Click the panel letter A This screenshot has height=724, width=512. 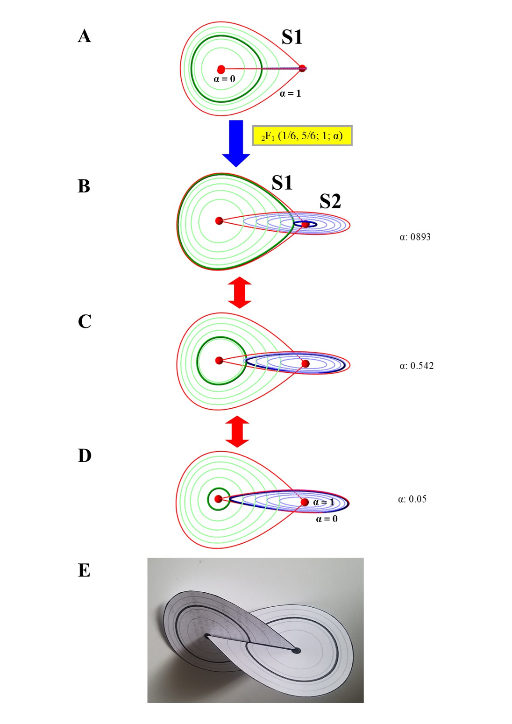click(x=84, y=36)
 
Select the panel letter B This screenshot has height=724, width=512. click(x=84, y=186)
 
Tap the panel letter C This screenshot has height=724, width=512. click(x=85, y=321)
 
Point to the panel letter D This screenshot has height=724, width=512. click(x=85, y=455)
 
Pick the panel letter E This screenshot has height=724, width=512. click(x=84, y=570)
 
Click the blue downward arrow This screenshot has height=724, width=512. click(x=236, y=143)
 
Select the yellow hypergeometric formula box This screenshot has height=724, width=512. click(x=302, y=136)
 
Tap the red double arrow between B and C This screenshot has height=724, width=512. click(x=239, y=292)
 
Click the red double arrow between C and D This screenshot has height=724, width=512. click(x=237, y=431)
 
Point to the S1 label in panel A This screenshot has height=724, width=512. click(x=292, y=37)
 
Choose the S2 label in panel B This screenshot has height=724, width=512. click(x=330, y=201)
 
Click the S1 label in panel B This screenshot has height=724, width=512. click(x=282, y=183)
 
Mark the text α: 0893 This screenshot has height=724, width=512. click(x=415, y=237)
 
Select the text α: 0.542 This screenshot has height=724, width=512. click(x=416, y=366)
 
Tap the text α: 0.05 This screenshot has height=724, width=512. click(x=412, y=499)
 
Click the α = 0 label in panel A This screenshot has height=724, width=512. click(x=224, y=79)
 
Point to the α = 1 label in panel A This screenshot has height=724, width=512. click(x=290, y=93)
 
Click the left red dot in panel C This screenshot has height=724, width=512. click(x=219, y=360)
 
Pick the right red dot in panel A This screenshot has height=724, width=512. click(x=302, y=68)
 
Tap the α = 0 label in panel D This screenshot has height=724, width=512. click(x=327, y=519)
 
